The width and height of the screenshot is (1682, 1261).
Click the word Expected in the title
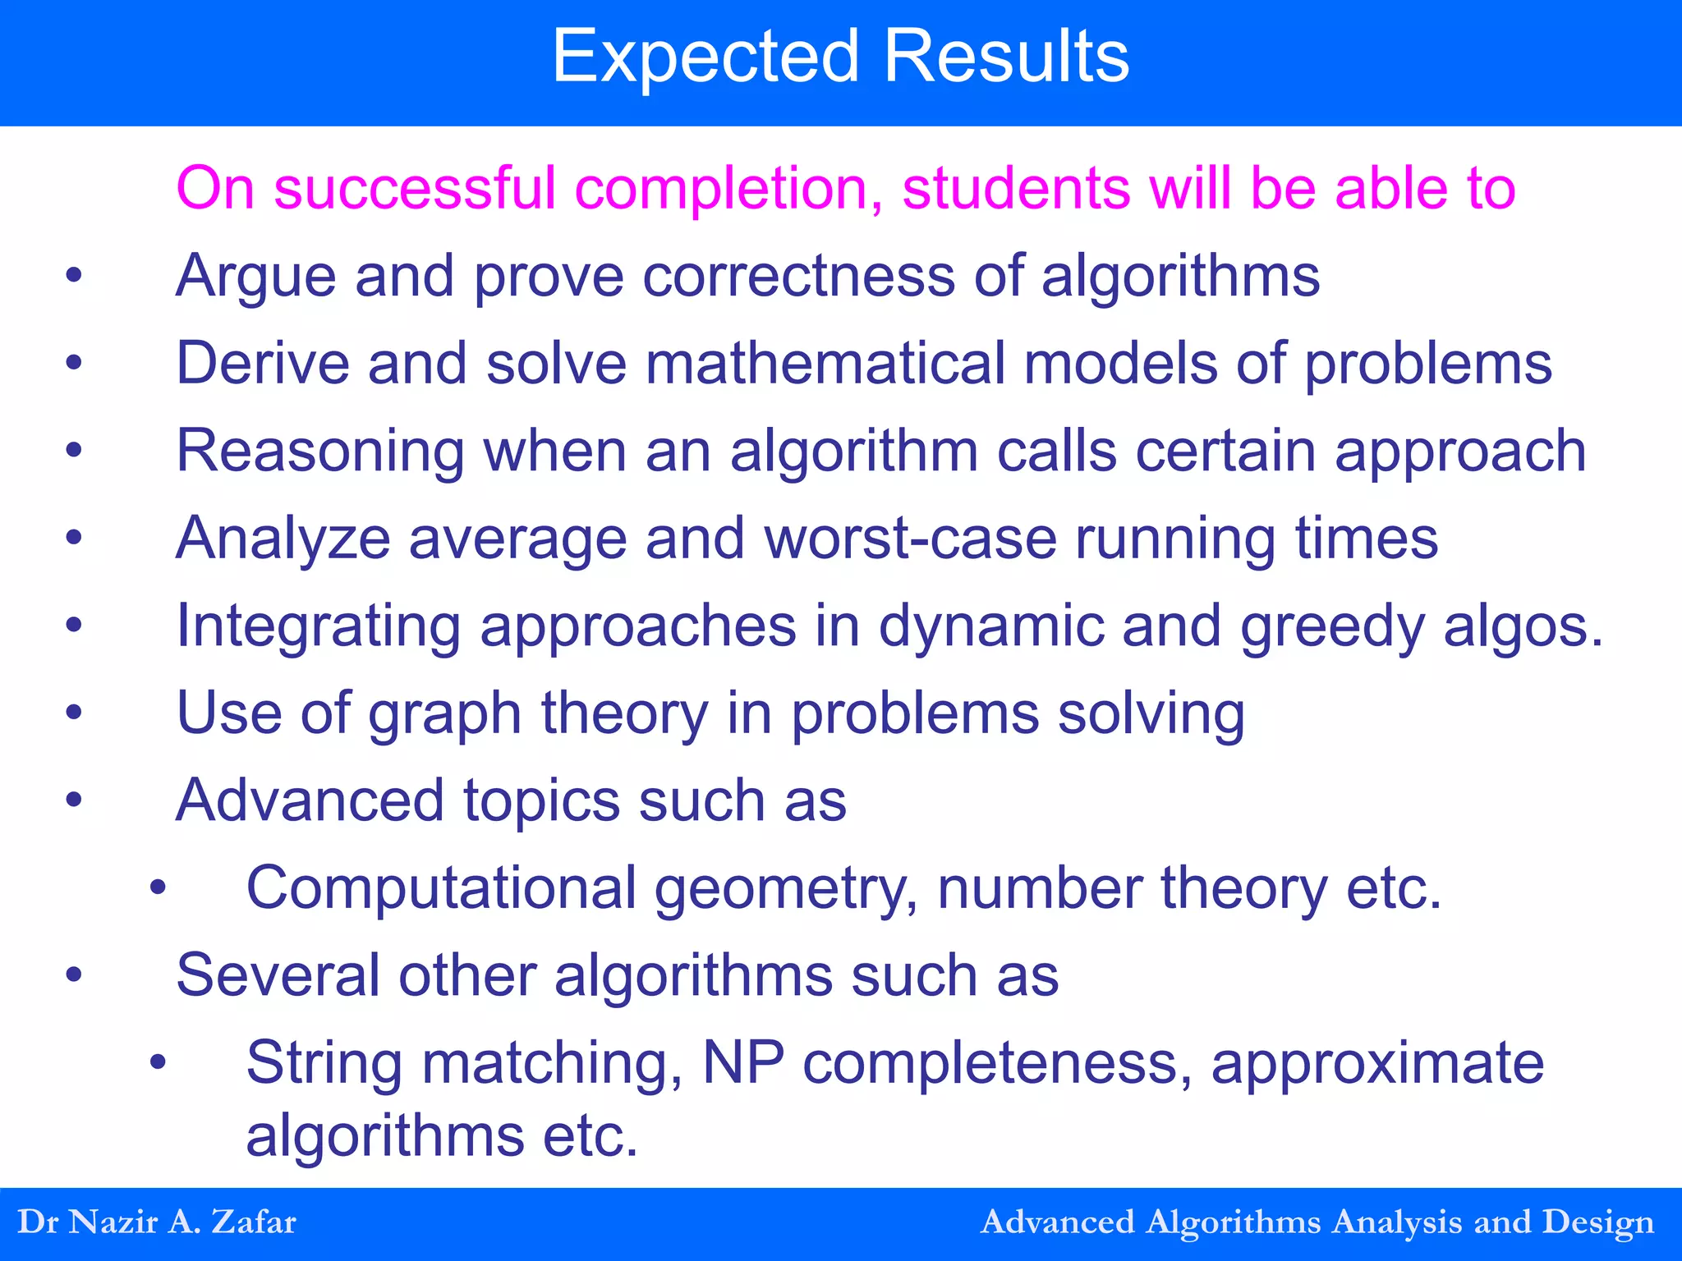pos(706,57)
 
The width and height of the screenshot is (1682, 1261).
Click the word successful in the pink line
pos(415,189)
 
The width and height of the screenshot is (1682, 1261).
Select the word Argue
pos(255,277)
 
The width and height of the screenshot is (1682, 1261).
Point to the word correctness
pos(798,276)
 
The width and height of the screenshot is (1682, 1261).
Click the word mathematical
pos(825,364)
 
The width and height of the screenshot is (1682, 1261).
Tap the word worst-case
pos(910,539)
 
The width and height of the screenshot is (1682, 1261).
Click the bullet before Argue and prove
pos(74,276)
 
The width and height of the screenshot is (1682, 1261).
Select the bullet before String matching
pos(158,1063)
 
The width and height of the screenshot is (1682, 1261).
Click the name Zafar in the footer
pos(254,1222)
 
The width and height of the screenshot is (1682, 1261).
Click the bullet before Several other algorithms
pos(74,975)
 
